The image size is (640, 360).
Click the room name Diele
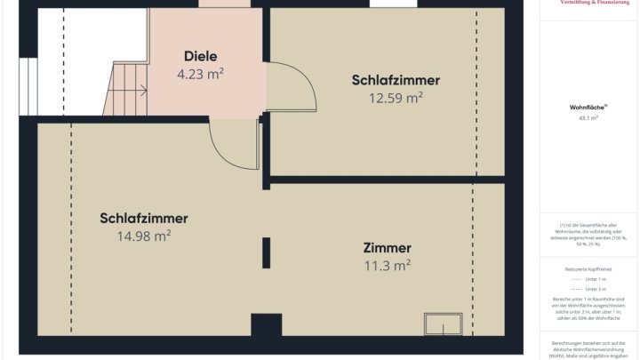200,56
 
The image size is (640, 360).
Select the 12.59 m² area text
396,98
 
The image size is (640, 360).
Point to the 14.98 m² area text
144,236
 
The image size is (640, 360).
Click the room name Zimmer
387,247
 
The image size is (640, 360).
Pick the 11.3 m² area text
388,265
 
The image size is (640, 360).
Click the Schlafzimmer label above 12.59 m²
396,80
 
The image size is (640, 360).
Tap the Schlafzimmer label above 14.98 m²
144,218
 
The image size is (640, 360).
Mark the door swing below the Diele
233,142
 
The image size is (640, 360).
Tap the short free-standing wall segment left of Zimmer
265,252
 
